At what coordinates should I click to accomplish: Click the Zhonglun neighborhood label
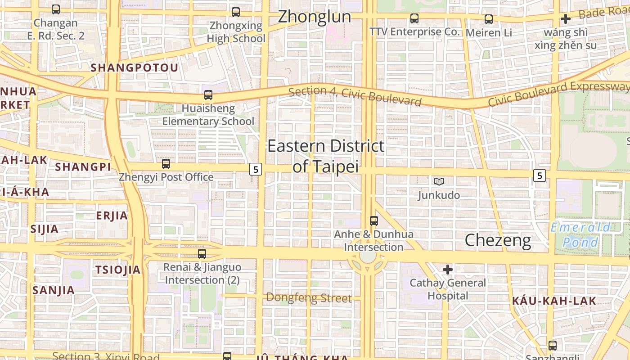pyautogui.click(x=314, y=17)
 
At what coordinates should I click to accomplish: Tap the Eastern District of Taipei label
pyautogui.click(x=326, y=156)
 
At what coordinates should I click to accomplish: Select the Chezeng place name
pyautogui.click(x=498, y=240)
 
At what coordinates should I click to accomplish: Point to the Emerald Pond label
pyautogui.click(x=581, y=235)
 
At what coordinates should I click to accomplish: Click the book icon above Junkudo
pyautogui.click(x=439, y=181)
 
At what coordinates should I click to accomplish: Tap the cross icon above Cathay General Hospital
pyautogui.click(x=447, y=270)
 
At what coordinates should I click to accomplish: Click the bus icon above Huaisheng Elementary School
pyautogui.click(x=208, y=95)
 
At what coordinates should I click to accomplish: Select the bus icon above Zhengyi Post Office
pyautogui.click(x=166, y=164)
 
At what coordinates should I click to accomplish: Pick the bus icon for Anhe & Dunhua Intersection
pyautogui.click(x=373, y=221)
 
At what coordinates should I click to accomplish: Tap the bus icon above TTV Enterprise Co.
pyautogui.click(x=414, y=18)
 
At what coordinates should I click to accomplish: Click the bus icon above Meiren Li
pyautogui.click(x=488, y=19)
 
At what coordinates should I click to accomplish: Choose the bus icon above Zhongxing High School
pyautogui.click(x=235, y=12)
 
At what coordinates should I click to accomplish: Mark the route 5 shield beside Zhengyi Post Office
pyautogui.click(x=256, y=170)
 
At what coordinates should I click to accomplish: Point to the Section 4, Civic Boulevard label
pyautogui.click(x=355, y=96)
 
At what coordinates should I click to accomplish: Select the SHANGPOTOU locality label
pyautogui.click(x=135, y=68)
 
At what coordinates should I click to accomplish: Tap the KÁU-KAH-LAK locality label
pyautogui.click(x=554, y=301)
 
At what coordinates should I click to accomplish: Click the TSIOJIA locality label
pyautogui.click(x=118, y=270)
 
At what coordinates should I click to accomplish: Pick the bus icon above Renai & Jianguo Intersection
pyautogui.click(x=202, y=254)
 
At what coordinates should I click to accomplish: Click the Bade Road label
pyautogui.click(x=603, y=13)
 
